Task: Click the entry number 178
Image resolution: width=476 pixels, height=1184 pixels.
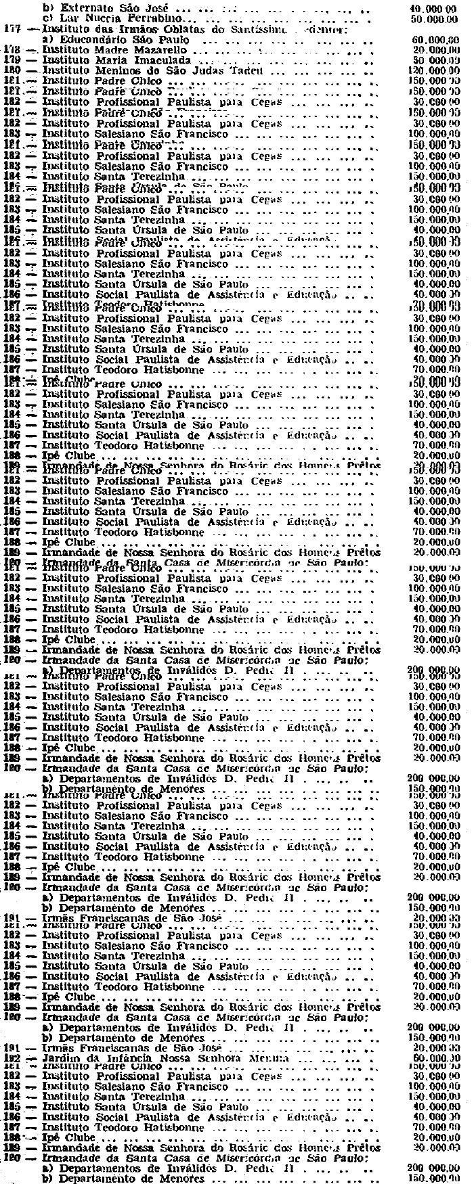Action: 12,51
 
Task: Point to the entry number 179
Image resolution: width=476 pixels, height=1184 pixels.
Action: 12,61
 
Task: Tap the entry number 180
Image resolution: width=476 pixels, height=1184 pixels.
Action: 12,71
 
